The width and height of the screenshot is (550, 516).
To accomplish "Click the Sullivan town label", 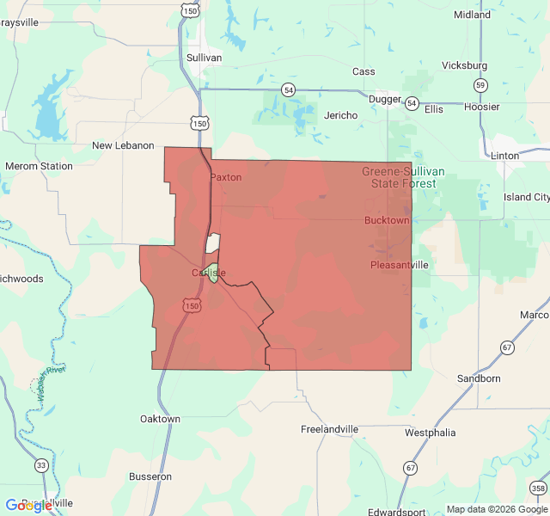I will pos(204,58).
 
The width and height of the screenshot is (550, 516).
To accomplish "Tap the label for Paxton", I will pos(226,177).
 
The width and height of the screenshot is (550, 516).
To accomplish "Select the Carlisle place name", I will pos(209,273).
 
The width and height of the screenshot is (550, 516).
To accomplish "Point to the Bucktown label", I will pos(387,221).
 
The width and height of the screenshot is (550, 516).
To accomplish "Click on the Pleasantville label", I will pos(400,265).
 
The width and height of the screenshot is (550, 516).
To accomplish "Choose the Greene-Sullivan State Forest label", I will pos(403,177).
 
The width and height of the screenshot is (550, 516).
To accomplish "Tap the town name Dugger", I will pos(384,99).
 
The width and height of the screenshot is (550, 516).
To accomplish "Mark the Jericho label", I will pos(340,115).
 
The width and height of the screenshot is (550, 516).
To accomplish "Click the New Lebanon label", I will pos(123,145).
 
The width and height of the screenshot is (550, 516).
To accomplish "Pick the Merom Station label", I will pos(39,166).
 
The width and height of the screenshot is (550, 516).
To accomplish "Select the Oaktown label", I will pos(160,419).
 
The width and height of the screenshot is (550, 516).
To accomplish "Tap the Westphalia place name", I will pos(430,433).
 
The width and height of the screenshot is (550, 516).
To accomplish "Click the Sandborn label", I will pos(479,378).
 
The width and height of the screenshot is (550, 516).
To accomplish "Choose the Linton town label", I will pos(505,156).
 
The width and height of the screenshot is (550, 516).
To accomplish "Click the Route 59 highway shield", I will pos(480,85).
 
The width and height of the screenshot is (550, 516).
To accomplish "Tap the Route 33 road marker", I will pos(41,465).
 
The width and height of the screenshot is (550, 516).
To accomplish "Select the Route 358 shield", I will pos(538,488).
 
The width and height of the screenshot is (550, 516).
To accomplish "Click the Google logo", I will pos(29,506).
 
